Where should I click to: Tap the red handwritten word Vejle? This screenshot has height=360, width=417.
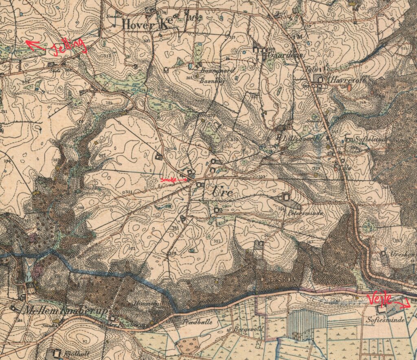[380, 299]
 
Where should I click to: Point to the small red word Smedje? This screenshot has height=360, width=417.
[167, 179]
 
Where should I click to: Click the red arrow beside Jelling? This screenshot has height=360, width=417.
[34, 44]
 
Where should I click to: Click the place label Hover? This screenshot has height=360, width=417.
[133, 25]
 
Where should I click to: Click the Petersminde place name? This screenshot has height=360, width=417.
[305, 213]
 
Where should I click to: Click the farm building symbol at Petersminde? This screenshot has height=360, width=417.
[287, 197]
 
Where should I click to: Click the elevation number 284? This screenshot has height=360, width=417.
[109, 103]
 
